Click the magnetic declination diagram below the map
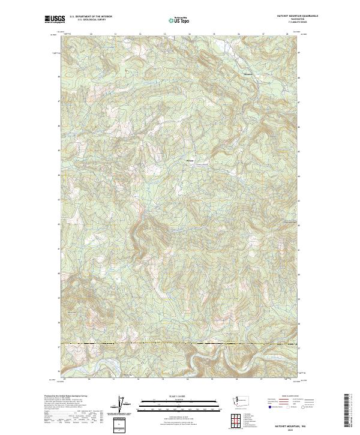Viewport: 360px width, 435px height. tap(122, 407)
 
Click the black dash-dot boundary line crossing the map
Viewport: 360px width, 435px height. tap(180, 343)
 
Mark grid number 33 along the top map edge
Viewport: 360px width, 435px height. tap(164, 35)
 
